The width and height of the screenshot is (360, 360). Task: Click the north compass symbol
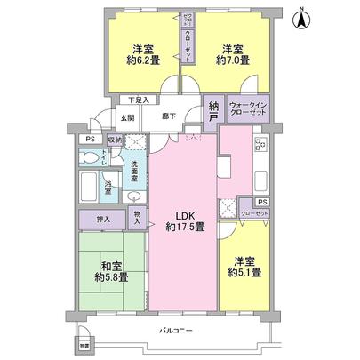[302, 16]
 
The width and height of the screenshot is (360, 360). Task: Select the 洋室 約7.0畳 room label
[234, 55]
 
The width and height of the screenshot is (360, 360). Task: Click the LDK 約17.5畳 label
[184, 220]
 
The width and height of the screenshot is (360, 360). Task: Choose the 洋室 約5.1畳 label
[246, 266]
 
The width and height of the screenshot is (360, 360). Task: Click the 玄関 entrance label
[128, 116]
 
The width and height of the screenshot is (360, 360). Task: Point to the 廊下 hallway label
[168, 116]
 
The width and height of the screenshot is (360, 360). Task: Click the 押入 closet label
[104, 219]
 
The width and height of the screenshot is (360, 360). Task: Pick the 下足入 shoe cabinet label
[138, 100]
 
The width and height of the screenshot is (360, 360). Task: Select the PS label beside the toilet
[89, 139]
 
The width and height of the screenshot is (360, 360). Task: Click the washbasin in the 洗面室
[132, 198]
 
